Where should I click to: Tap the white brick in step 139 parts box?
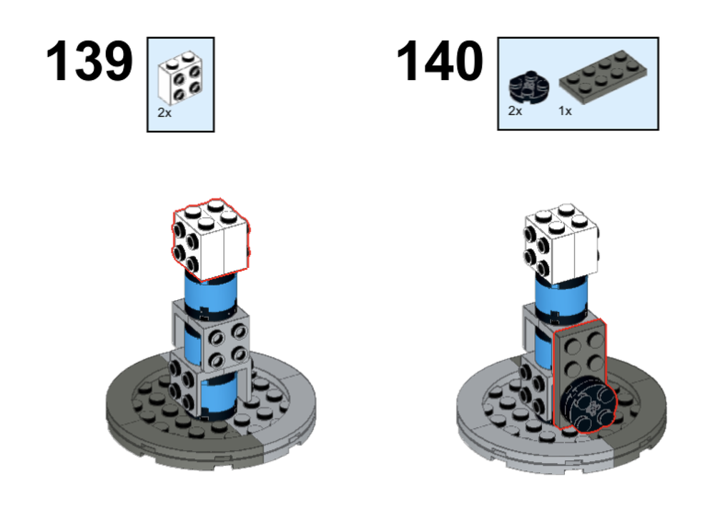click(179, 79)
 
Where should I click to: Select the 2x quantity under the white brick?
click(164, 113)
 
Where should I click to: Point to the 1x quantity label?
click(565, 111)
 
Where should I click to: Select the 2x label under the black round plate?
click(515, 111)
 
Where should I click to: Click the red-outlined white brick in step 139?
click(210, 241)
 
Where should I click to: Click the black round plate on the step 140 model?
click(586, 404)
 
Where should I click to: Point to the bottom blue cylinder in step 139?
click(218, 397)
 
